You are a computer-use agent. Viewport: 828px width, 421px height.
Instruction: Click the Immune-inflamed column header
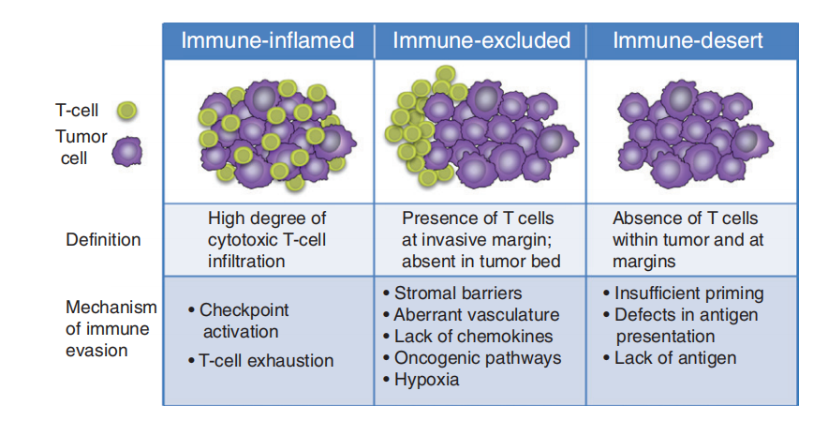(267, 40)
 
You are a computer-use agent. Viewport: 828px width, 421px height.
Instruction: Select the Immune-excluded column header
(481, 40)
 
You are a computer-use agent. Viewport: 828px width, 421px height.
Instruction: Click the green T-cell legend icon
(126, 111)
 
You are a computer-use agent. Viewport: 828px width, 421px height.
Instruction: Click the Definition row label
(103, 239)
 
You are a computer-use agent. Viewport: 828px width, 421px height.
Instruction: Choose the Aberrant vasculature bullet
(476, 315)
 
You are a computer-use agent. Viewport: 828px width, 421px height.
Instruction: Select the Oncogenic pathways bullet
(477, 358)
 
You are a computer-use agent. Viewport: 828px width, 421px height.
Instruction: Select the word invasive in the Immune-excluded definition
(449, 239)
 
